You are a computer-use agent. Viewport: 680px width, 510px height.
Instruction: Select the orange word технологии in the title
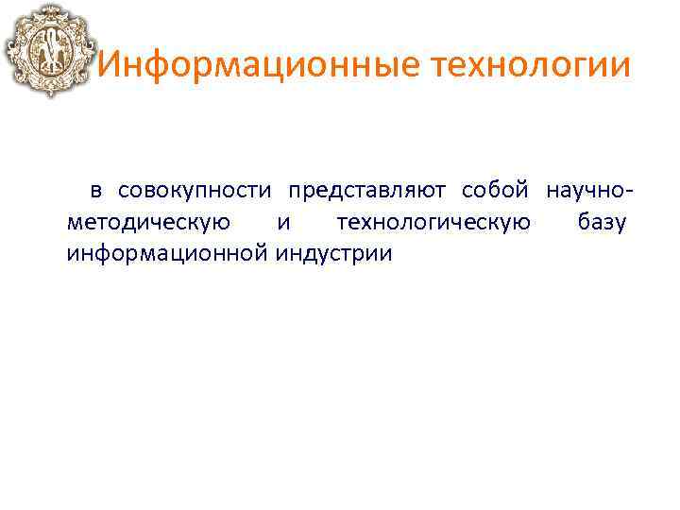(531, 67)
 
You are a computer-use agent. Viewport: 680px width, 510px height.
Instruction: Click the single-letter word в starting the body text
(96, 191)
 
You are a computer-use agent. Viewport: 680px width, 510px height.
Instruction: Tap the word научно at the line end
(584, 191)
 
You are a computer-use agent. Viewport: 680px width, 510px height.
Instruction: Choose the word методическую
(148, 223)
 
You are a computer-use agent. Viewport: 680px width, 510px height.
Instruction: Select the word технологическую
(433, 223)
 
